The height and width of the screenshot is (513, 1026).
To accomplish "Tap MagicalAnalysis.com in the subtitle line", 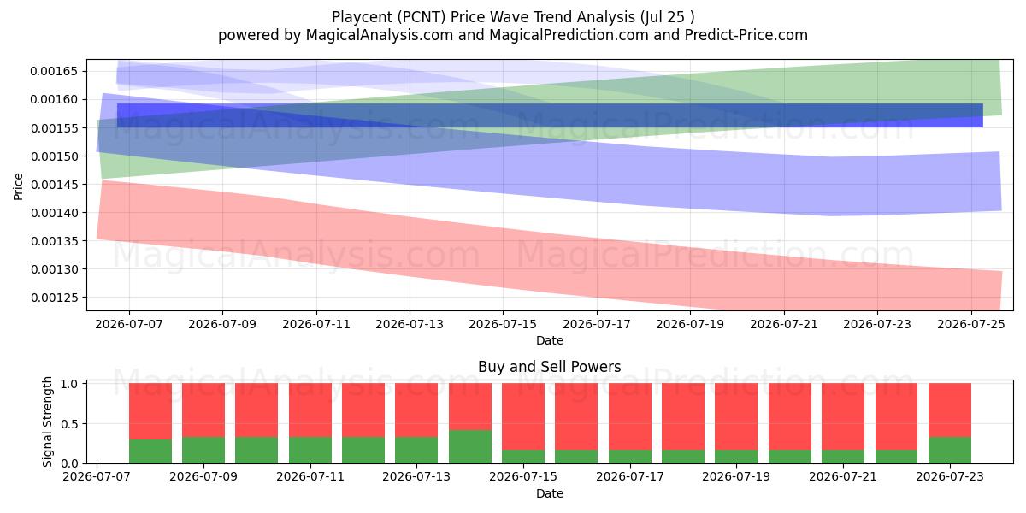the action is point(380,35).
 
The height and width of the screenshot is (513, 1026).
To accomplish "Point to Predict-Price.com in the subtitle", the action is point(746,35).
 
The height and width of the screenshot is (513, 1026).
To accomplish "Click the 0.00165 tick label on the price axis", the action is point(54,72).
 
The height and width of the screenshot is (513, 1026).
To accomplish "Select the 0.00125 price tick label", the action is point(54,298).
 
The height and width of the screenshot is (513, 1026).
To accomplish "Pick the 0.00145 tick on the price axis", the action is point(54,185).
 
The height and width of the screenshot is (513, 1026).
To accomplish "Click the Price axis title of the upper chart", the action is point(18,186).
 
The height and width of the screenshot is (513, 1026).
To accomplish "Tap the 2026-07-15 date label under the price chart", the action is point(503,324).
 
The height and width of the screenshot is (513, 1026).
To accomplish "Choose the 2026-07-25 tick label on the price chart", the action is point(971,324).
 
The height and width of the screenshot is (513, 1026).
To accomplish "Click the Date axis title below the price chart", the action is point(550,340).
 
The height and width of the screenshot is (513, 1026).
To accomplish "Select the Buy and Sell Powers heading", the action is point(549,367).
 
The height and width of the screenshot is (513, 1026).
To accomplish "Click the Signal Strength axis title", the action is point(47,422).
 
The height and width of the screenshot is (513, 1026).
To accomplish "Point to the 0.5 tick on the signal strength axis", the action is point(69,424).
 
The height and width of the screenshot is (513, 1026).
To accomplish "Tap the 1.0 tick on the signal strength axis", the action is point(69,384).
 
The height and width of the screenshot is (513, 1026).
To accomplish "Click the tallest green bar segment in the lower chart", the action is point(470,446).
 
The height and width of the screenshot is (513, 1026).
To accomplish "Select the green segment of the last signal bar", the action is point(950,451).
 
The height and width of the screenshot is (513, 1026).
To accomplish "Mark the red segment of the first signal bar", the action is point(150,411).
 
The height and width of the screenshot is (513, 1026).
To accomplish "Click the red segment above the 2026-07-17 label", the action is point(630,416).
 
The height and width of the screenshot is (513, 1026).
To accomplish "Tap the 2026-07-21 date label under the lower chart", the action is point(843,477).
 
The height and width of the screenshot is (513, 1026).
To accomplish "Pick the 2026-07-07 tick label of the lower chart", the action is point(97,477).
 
